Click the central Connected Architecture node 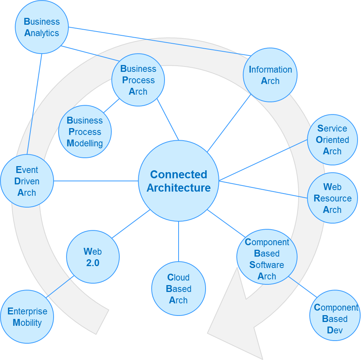pos(179,181)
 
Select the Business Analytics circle pos(42,27)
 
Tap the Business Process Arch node pos(138,80)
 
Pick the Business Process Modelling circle pos(85,132)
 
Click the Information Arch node pos(270,75)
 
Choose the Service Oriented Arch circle pos(332,140)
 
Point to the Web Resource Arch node pos(332,198)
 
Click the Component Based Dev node pos(335,319)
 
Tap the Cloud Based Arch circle pos(179,289)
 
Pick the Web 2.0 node pos(93,257)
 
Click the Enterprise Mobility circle pos(27,317)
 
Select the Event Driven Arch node pos(27,181)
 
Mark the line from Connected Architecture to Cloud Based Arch pos(179,241)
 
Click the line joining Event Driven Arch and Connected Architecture pos(95,181)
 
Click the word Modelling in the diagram pos(85,143)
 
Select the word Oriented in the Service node pos(332,140)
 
